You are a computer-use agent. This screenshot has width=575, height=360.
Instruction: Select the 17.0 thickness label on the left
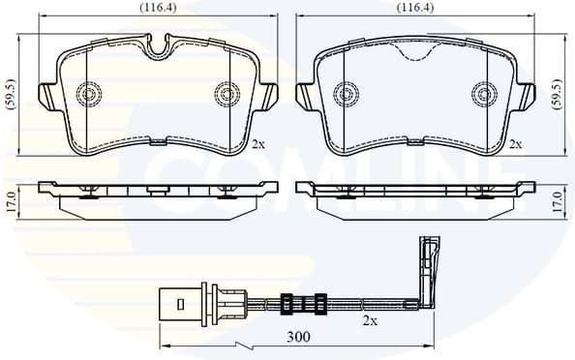click(x=11, y=202)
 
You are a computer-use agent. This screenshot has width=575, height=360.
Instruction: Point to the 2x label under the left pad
click(x=257, y=144)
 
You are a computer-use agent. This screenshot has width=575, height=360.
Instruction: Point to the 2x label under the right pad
click(x=516, y=144)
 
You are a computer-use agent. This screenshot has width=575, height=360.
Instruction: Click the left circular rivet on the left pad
click(x=89, y=94)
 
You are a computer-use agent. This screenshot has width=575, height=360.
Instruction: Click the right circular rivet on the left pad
click(x=227, y=94)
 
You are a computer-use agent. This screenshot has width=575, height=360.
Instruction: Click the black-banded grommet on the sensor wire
click(x=299, y=303)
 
